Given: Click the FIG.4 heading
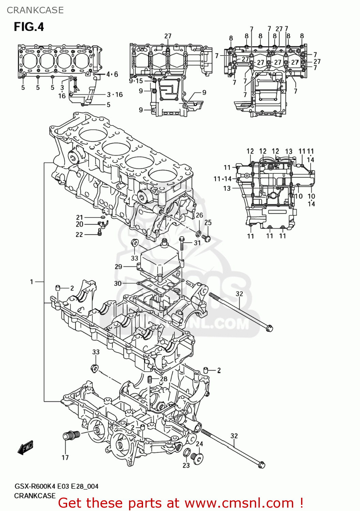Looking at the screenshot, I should click(29, 27).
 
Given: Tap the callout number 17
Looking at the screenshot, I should click(65, 458).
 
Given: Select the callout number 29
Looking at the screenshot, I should click(118, 266).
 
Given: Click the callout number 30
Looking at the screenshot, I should click(118, 283).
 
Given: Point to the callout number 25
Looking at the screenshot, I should click(208, 222).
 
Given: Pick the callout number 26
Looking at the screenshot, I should click(199, 215).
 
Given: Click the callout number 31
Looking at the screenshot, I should click(198, 243).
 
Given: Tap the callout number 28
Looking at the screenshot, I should click(163, 379).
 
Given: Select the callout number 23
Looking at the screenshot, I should click(186, 465).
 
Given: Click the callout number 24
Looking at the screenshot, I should click(200, 444).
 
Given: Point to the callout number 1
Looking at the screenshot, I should click(32, 282).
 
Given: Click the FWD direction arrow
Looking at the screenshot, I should click(26, 447).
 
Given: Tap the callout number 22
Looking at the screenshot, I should click(79, 234).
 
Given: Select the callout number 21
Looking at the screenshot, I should click(79, 217).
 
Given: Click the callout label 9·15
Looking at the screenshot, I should click(136, 81).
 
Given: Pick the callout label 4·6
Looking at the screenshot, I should click(112, 74).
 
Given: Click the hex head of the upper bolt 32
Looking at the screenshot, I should click(269, 328).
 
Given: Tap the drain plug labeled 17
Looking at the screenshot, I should click(71, 436).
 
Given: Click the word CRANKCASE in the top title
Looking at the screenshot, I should click(35, 10).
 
